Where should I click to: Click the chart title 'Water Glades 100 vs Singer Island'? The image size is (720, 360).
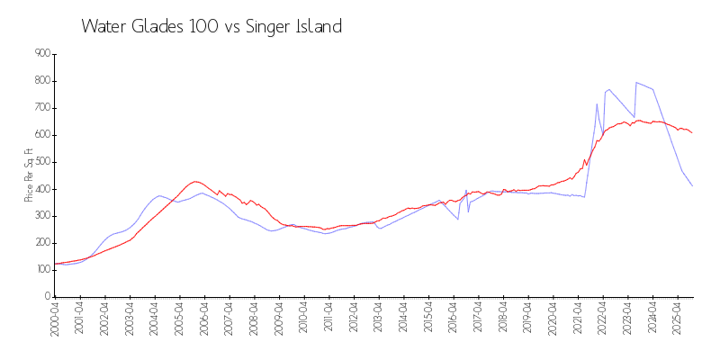pyautogui.click(x=211, y=27)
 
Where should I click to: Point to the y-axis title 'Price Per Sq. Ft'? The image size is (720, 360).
pyautogui.click(x=31, y=175)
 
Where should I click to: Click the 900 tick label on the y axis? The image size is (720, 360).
pyautogui.click(x=40, y=54)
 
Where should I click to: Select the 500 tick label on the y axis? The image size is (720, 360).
pyautogui.click(x=40, y=162)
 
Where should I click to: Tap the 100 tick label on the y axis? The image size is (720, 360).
pyautogui.click(x=40, y=270)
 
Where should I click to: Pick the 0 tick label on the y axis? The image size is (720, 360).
pyautogui.click(x=46, y=297)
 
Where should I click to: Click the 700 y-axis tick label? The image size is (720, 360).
pyautogui.click(x=40, y=108)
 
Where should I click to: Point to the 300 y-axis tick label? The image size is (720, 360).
pyautogui.click(x=40, y=216)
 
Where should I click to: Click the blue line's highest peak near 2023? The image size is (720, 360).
pyautogui.click(x=636, y=83)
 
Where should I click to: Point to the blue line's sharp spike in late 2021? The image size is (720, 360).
pyautogui.click(x=597, y=103)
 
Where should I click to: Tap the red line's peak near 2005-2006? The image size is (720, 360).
pyautogui.click(x=194, y=182)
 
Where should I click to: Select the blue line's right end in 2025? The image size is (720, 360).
pyautogui.click(x=692, y=185)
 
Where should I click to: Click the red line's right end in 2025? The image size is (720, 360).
pyautogui.click(x=692, y=133)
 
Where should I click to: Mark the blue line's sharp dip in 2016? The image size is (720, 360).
pyautogui.click(x=458, y=219)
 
